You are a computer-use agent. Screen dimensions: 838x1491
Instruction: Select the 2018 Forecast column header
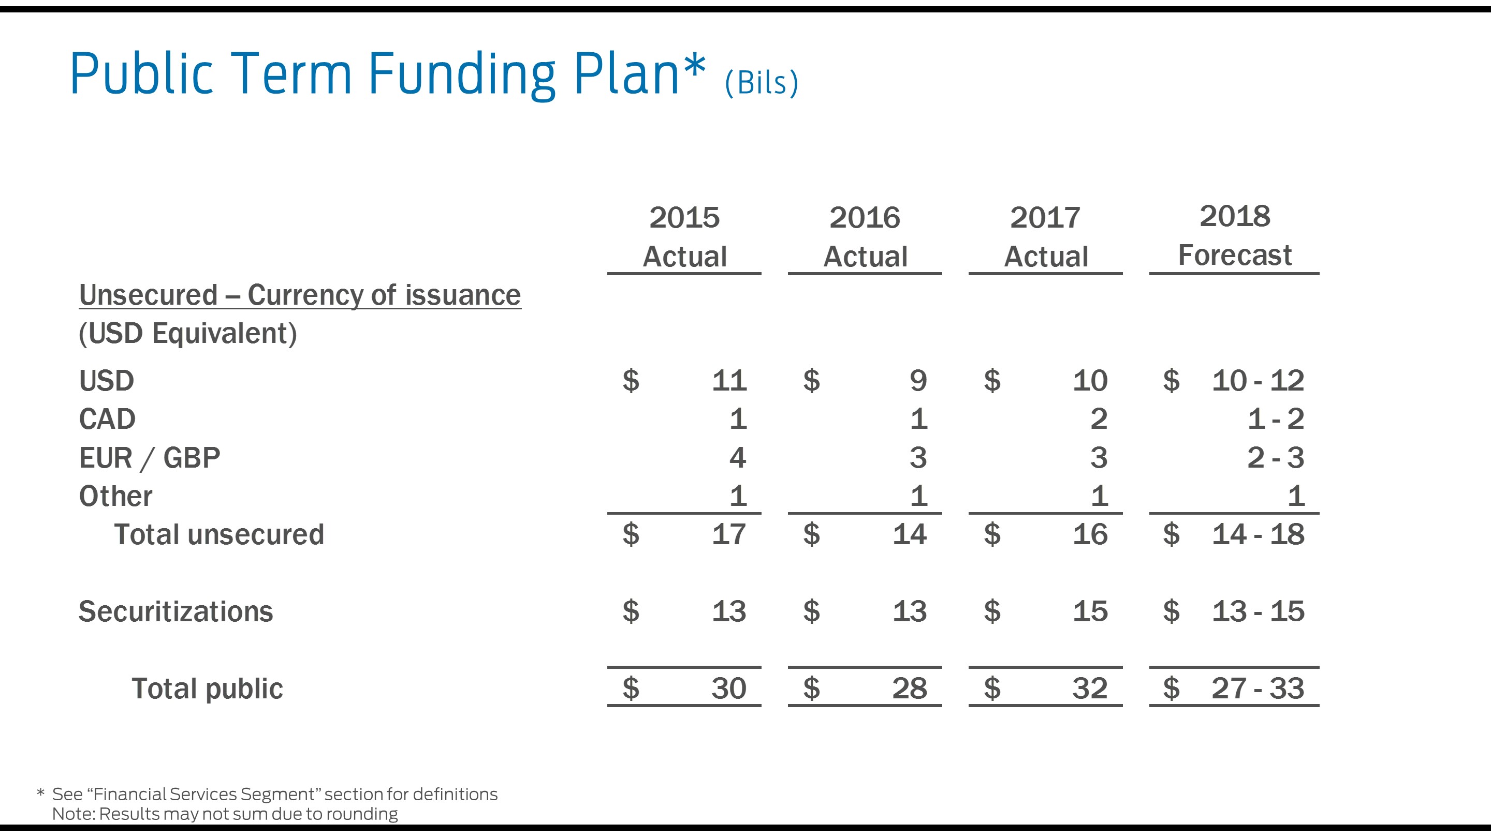tap(1235, 235)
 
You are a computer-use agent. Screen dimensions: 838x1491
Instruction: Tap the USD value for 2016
tap(918, 381)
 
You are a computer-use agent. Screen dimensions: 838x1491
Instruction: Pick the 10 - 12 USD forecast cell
tap(1258, 381)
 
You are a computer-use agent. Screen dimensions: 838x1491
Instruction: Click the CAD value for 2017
tap(1099, 418)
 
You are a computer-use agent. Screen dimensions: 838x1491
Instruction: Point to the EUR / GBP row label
tap(149, 458)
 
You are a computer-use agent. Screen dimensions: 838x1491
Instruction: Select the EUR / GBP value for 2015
tap(737, 457)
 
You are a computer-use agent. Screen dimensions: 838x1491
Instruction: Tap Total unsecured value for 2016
tap(909, 534)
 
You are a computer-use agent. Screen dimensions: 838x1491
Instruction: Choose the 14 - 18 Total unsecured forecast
tap(1258, 534)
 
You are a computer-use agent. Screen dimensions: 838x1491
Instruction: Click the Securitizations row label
tap(176, 611)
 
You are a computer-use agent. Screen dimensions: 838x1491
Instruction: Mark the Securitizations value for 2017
tap(1090, 611)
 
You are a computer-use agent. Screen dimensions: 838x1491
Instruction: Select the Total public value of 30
tap(729, 688)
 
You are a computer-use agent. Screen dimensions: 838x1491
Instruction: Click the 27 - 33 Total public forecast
tap(1258, 688)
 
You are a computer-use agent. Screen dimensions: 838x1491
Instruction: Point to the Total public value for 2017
tap(1090, 688)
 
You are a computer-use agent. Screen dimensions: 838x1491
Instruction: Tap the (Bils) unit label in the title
tap(761, 83)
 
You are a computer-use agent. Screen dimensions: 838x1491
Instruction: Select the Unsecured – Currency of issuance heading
tap(300, 295)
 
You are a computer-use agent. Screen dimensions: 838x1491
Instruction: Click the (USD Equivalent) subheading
tap(187, 334)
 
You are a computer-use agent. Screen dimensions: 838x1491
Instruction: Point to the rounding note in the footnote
tap(225, 814)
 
